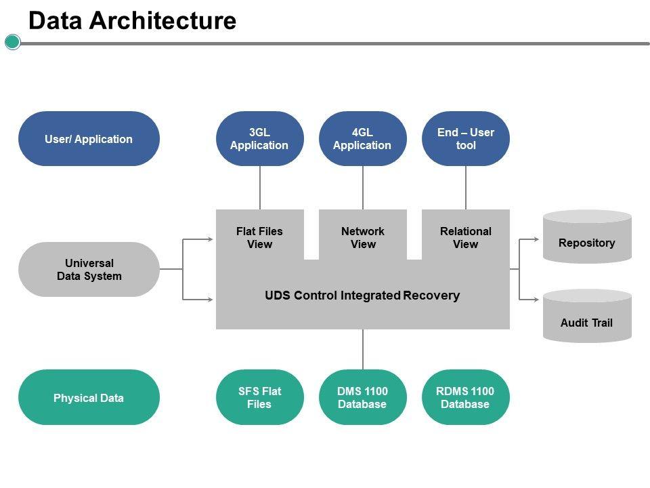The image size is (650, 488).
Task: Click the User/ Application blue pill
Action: (x=89, y=139)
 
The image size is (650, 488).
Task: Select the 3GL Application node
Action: (x=259, y=139)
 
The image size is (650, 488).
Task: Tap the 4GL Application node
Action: (x=362, y=139)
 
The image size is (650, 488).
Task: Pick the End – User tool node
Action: (x=465, y=139)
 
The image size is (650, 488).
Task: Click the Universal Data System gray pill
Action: (x=89, y=270)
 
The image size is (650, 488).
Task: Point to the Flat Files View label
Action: (x=259, y=238)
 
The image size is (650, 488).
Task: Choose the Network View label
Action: (x=362, y=238)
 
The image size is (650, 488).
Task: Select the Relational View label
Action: (x=465, y=238)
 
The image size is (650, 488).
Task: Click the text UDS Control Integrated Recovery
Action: (x=362, y=296)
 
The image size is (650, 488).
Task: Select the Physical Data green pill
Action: (x=89, y=398)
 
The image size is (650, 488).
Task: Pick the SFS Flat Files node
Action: (x=259, y=398)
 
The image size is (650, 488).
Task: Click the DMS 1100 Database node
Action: (x=362, y=398)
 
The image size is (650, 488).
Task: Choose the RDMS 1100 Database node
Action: (x=465, y=398)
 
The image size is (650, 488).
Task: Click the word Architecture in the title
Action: (x=162, y=21)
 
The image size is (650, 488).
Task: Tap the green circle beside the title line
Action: (x=13, y=43)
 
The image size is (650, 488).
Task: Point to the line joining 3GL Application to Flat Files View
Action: (x=260, y=188)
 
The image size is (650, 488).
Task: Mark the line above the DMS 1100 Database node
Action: (x=363, y=349)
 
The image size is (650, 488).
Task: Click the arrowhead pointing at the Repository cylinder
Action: (x=538, y=239)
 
